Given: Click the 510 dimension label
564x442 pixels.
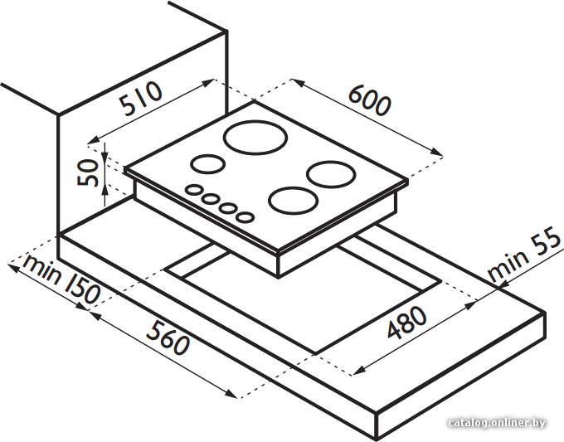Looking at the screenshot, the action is tap(141, 98).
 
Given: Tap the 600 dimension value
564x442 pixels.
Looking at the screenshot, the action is tap(369, 101).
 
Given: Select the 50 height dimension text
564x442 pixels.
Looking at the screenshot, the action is tap(88, 173).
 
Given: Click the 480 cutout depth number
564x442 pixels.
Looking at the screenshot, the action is tap(406, 323).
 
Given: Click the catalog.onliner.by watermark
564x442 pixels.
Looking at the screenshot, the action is tap(497, 423).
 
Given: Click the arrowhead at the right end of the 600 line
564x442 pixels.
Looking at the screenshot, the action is tap(437, 153).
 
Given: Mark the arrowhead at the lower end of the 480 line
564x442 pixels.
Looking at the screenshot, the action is tap(359, 372).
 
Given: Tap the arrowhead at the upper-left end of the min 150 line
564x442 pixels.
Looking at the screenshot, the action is tap(13, 267).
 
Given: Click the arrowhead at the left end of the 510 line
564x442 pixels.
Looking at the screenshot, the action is tap(94, 141).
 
